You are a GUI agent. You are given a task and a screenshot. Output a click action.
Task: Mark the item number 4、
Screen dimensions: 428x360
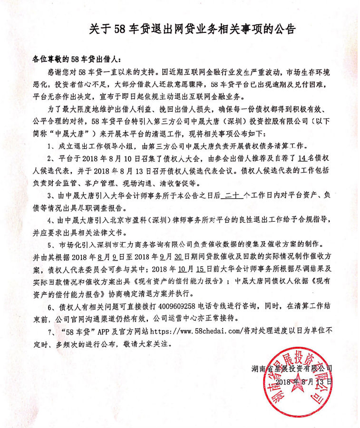[x=52, y=221]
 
